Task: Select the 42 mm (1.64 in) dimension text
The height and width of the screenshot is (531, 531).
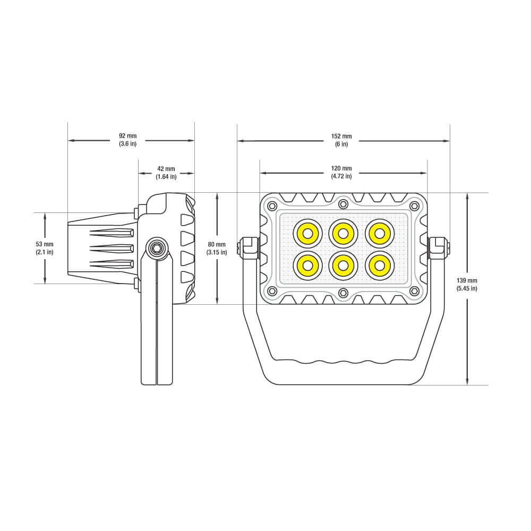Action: (166, 173)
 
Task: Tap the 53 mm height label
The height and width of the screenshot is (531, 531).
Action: (45, 247)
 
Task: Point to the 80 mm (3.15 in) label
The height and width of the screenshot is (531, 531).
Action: (217, 248)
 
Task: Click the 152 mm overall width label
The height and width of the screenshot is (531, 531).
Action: (341, 140)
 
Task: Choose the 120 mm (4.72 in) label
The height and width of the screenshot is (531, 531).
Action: (341, 172)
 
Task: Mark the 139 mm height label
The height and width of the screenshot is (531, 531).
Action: (467, 284)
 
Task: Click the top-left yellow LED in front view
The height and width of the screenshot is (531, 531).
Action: (308, 233)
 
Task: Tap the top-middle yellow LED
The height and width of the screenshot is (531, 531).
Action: (343, 233)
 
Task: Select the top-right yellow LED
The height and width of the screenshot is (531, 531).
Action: (379, 233)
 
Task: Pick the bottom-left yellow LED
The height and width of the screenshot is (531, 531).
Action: (308, 265)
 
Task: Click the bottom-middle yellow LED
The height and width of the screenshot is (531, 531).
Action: (343, 265)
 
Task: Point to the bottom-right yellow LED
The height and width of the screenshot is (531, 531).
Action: (379, 265)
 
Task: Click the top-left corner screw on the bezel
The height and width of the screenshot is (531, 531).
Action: (272, 206)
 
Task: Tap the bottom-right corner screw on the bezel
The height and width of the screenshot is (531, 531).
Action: (415, 291)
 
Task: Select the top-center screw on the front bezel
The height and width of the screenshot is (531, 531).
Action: (343, 204)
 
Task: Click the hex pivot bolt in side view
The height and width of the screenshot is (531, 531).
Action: (157, 247)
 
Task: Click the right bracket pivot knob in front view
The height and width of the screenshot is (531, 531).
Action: (439, 248)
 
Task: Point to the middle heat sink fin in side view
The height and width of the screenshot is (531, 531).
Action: (112, 248)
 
